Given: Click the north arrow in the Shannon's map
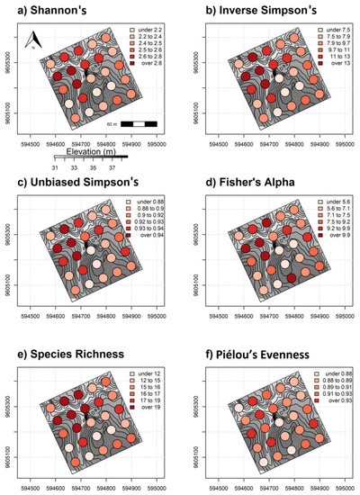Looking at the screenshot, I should (31, 39).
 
